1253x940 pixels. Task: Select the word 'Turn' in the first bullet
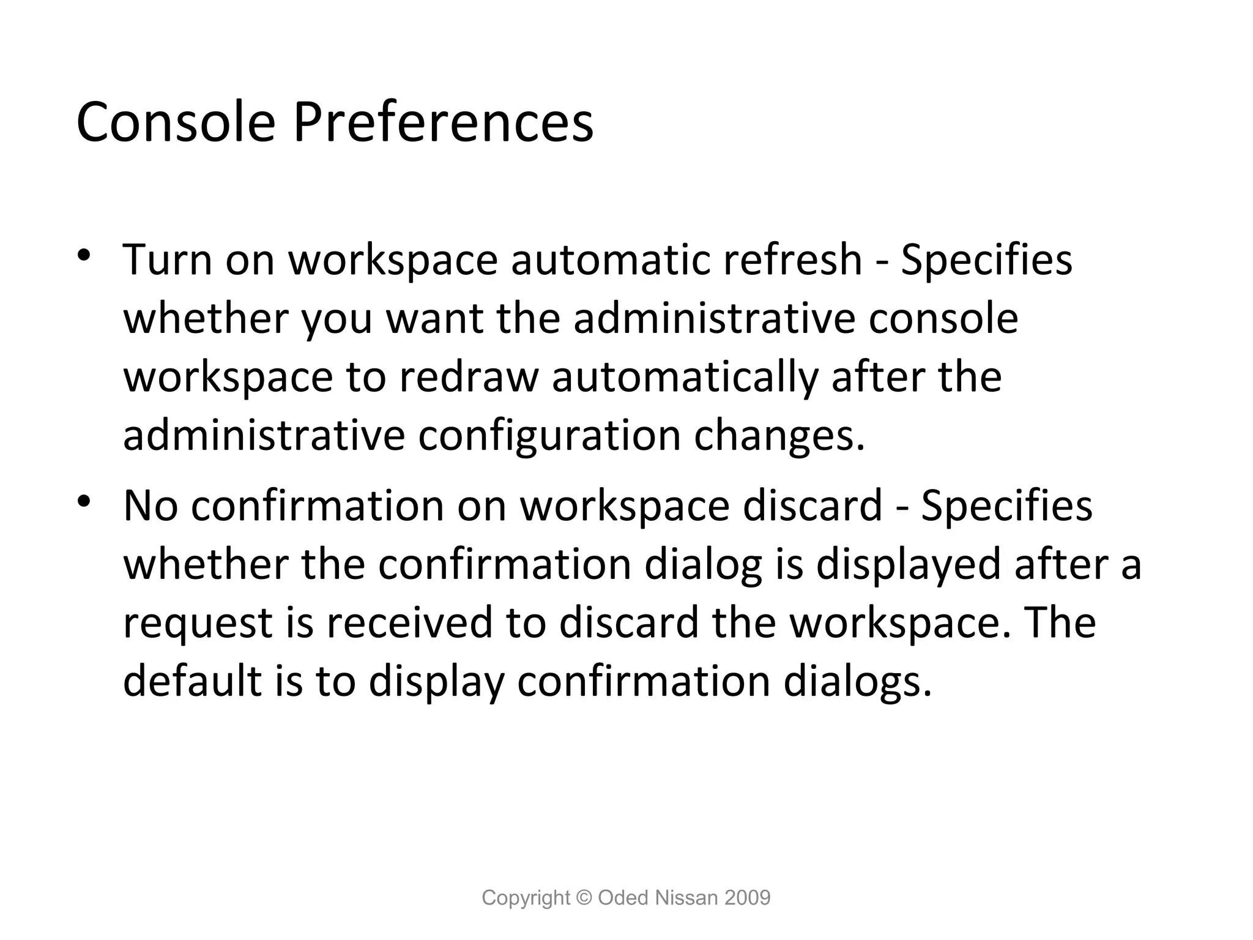167,259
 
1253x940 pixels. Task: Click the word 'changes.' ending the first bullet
780,436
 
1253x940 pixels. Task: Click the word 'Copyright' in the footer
526,898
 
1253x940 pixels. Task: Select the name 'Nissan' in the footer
686,898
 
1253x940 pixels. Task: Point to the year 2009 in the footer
747,898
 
